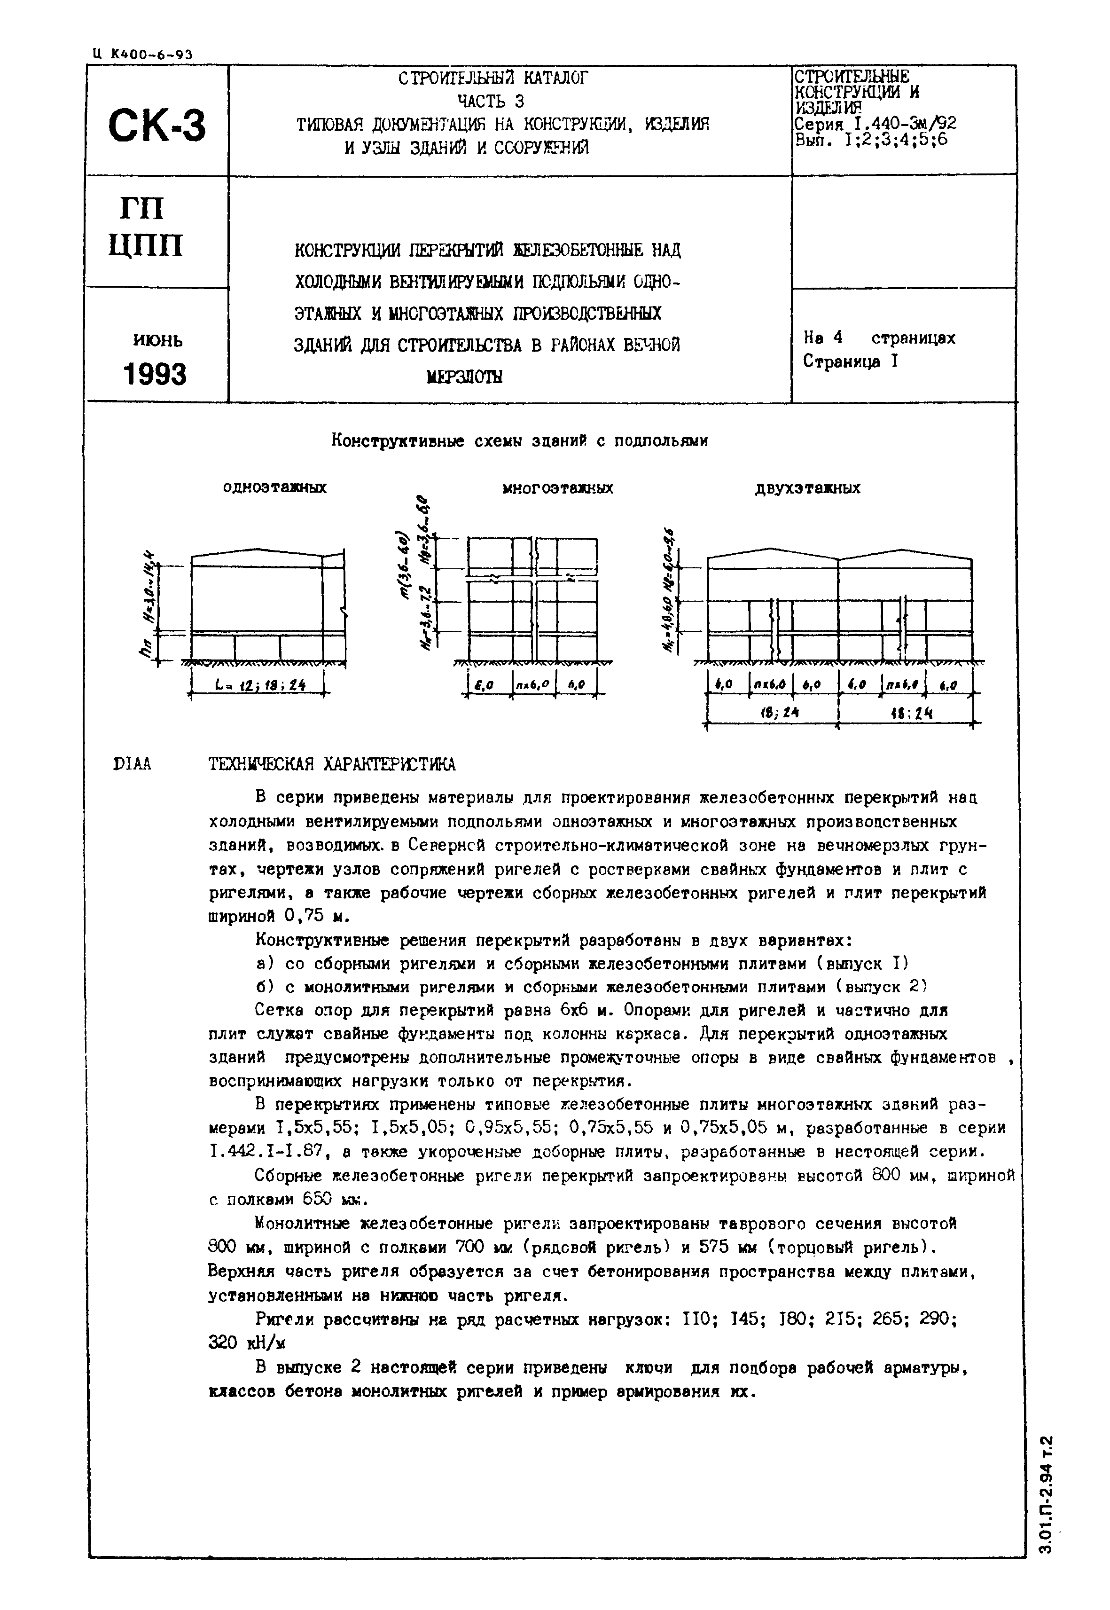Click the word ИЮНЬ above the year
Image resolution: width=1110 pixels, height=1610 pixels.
click(x=158, y=340)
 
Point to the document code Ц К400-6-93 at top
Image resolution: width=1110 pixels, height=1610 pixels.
click(x=142, y=54)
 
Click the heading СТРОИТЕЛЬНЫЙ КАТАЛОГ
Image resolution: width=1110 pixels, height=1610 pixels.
click(x=493, y=78)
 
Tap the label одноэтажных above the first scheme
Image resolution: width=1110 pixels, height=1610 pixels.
click(x=275, y=488)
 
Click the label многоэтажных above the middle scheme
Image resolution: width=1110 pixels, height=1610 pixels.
click(x=558, y=488)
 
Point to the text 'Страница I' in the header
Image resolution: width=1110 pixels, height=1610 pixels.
click(x=851, y=362)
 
